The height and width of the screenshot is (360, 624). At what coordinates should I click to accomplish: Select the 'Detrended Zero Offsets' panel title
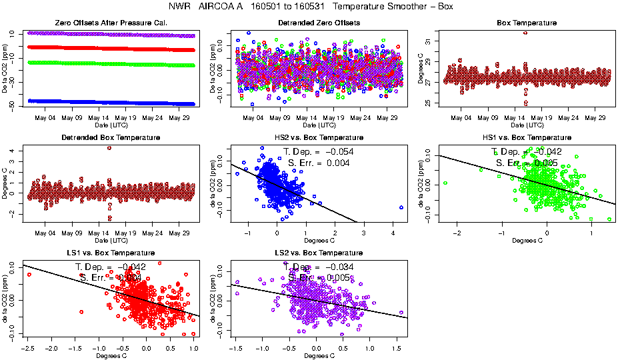[319, 23]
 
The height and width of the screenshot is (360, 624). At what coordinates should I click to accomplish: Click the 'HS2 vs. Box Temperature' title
[319, 138]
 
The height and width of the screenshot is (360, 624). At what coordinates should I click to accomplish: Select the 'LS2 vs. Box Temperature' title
[319, 253]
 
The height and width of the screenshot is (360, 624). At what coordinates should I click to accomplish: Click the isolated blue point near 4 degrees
[401, 207]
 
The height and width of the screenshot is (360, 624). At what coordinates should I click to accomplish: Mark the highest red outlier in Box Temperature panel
[525, 33]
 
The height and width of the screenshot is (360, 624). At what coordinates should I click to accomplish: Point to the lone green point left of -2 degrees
[445, 183]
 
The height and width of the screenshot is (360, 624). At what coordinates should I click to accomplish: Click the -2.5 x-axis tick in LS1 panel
[27, 348]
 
